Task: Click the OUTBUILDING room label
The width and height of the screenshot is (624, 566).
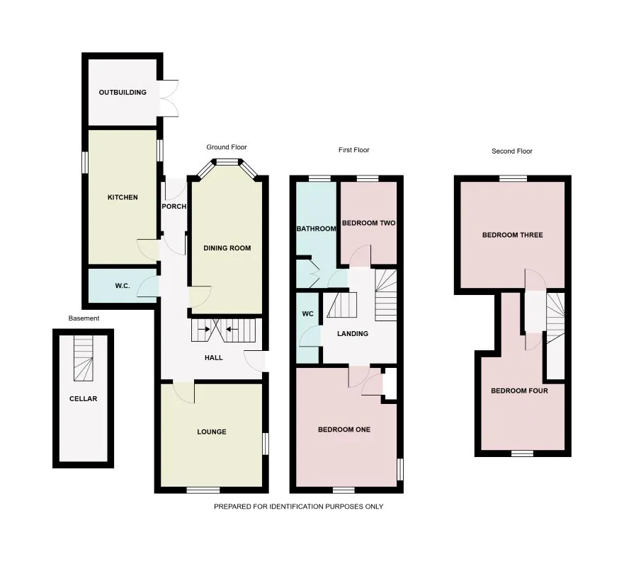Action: coord(123,92)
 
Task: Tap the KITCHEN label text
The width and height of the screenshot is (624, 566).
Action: coord(122,197)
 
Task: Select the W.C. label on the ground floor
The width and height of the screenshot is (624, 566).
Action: coord(122,287)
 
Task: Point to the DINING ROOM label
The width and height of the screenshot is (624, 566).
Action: coord(227,248)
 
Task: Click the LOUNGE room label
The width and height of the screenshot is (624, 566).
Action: coord(212,432)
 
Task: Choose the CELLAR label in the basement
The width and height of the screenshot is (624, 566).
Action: coord(83,398)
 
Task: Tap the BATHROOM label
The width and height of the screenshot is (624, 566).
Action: coord(316,229)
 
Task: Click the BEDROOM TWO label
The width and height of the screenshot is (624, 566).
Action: coord(368,223)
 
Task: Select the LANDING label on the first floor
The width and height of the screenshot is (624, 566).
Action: coord(352,333)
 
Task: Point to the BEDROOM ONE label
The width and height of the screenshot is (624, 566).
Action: coord(344,429)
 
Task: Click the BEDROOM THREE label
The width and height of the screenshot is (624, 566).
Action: coord(512,235)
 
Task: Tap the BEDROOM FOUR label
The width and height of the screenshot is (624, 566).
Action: coord(519,391)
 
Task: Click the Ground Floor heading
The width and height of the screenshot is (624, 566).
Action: coord(226,147)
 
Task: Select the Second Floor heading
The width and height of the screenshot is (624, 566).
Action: coord(511,151)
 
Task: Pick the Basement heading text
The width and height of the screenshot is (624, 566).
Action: coord(84,318)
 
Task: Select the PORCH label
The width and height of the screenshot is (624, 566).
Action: coord(174,207)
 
